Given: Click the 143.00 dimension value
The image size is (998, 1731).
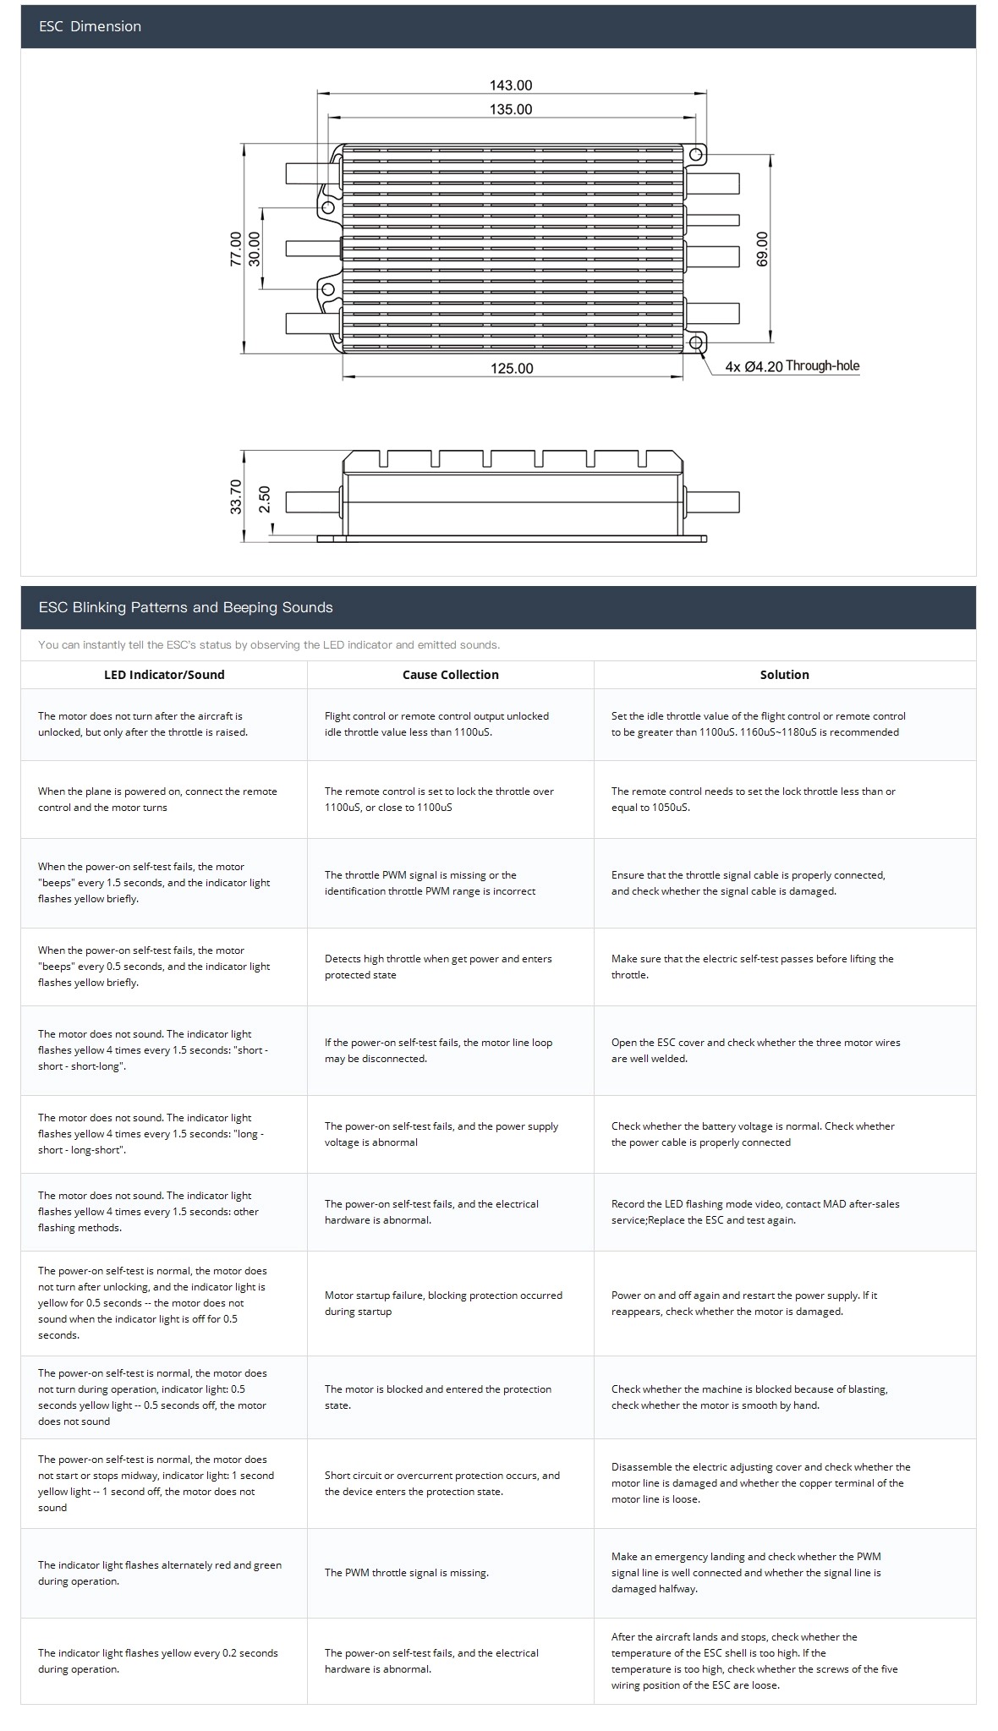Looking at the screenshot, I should click(x=511, y=85).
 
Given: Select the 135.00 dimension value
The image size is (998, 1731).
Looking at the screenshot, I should click(x=511, y=109).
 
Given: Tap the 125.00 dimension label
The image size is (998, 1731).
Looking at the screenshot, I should click(x=512, y=368).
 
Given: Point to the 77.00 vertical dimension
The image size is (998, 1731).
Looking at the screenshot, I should click(x=236, y=249).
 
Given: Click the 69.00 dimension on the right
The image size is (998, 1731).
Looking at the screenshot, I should click(x=762, y=249).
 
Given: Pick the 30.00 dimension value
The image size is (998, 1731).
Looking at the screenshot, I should click(x=254, y=249).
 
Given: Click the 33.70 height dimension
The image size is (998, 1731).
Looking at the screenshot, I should click(x=236, y=496).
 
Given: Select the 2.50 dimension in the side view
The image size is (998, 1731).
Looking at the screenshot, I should click(x=265, y=499).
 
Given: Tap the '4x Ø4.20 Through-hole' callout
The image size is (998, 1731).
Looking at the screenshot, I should click(x=792, y=367).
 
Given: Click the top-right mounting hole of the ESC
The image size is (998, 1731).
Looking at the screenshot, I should click(x=696, y=155).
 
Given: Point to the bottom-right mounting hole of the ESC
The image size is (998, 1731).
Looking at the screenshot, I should click(x=696, y=342).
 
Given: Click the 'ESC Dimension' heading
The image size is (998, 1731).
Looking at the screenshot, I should click(x=90, y=26).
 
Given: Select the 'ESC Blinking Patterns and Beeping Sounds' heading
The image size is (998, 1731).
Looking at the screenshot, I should click(x=185, y=607).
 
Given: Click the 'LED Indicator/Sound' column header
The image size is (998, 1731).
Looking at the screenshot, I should click(x=164, y=675).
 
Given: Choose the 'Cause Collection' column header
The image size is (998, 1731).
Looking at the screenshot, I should click(x=450, y=675).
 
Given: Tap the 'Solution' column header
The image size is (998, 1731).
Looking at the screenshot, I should click(x=784, y=675).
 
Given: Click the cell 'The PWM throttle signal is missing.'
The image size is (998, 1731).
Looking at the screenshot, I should click(x=407, y=1573).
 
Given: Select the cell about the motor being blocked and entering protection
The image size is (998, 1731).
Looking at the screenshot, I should click(x=438, y=1397).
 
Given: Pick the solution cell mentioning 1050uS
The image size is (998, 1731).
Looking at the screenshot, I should click(x=753, y=799).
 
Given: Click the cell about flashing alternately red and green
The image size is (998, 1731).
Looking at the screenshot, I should click(x=160, y=1573).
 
